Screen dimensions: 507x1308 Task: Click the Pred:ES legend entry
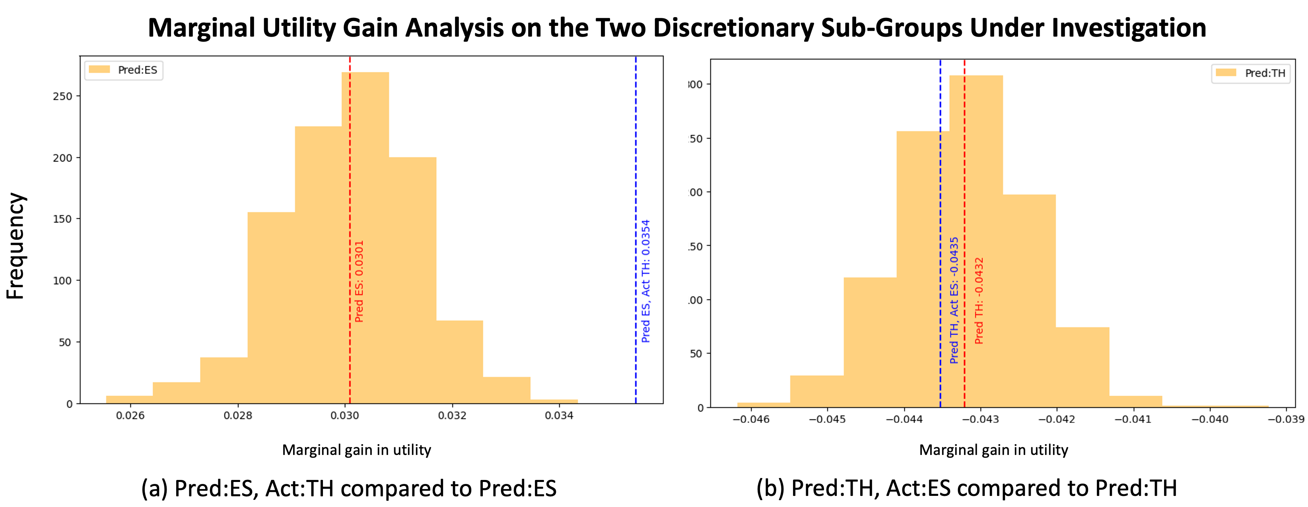point(124,70)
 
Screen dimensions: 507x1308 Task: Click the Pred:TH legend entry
point(1251,74)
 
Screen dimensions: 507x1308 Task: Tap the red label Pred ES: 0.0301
point(359,281)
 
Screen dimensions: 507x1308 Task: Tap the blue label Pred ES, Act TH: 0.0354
point(645,281)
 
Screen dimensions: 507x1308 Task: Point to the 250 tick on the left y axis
point(62,96)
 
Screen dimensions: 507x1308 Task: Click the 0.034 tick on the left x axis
point(559,416)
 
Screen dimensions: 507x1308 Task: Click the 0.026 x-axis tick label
point(130,416)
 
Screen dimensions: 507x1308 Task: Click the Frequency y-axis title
point(15,246)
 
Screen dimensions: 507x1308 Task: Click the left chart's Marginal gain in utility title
point(356,450)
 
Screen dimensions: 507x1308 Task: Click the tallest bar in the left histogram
point(365,239)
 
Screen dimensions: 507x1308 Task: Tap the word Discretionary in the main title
point(733,28)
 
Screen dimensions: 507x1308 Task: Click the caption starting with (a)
point(349,488)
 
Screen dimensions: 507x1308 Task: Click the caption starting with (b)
point(966,488)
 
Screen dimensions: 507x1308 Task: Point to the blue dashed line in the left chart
point(636,152)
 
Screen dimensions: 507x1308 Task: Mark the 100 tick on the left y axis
point(62,281)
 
